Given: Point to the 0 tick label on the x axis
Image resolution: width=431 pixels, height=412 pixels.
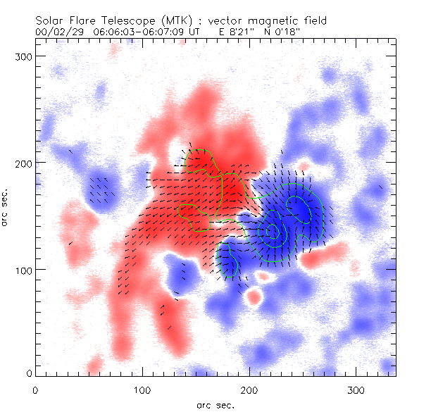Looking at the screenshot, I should click(35, 389).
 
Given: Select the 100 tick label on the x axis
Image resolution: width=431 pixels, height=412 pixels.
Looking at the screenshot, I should click(142, 389).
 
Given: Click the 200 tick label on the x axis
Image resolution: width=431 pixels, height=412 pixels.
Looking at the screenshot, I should click(249, 389).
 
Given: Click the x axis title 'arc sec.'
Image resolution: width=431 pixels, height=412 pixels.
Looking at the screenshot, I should click(215, 405).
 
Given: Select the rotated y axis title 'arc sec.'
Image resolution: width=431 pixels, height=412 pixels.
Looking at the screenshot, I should click(6, 208).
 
